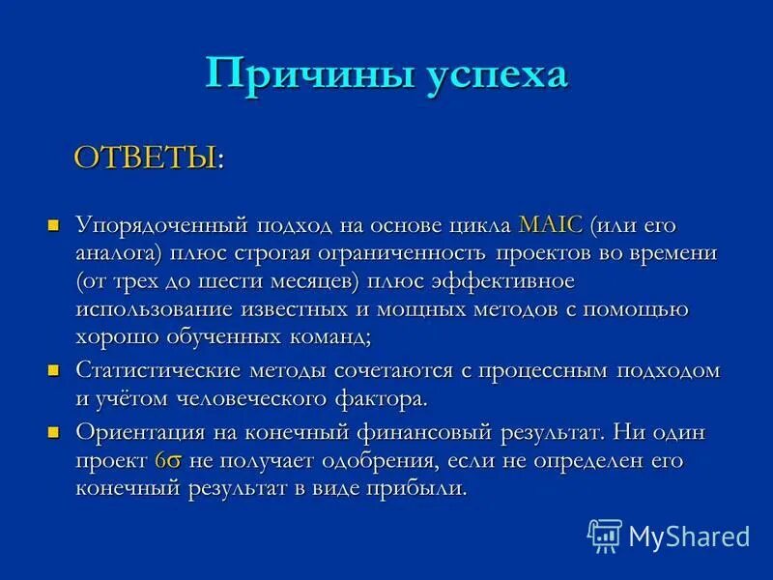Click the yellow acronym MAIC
click(x=551, y=225)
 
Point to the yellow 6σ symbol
click(x=169, y=461)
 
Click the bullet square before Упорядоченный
click(x=54, y=225)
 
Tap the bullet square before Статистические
click(x=54, y=370)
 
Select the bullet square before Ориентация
click(x=54, y=432)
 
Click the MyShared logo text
click(x=688, y=536)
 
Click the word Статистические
click(x=154, y=370)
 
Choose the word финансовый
click(x=422, y=432)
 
